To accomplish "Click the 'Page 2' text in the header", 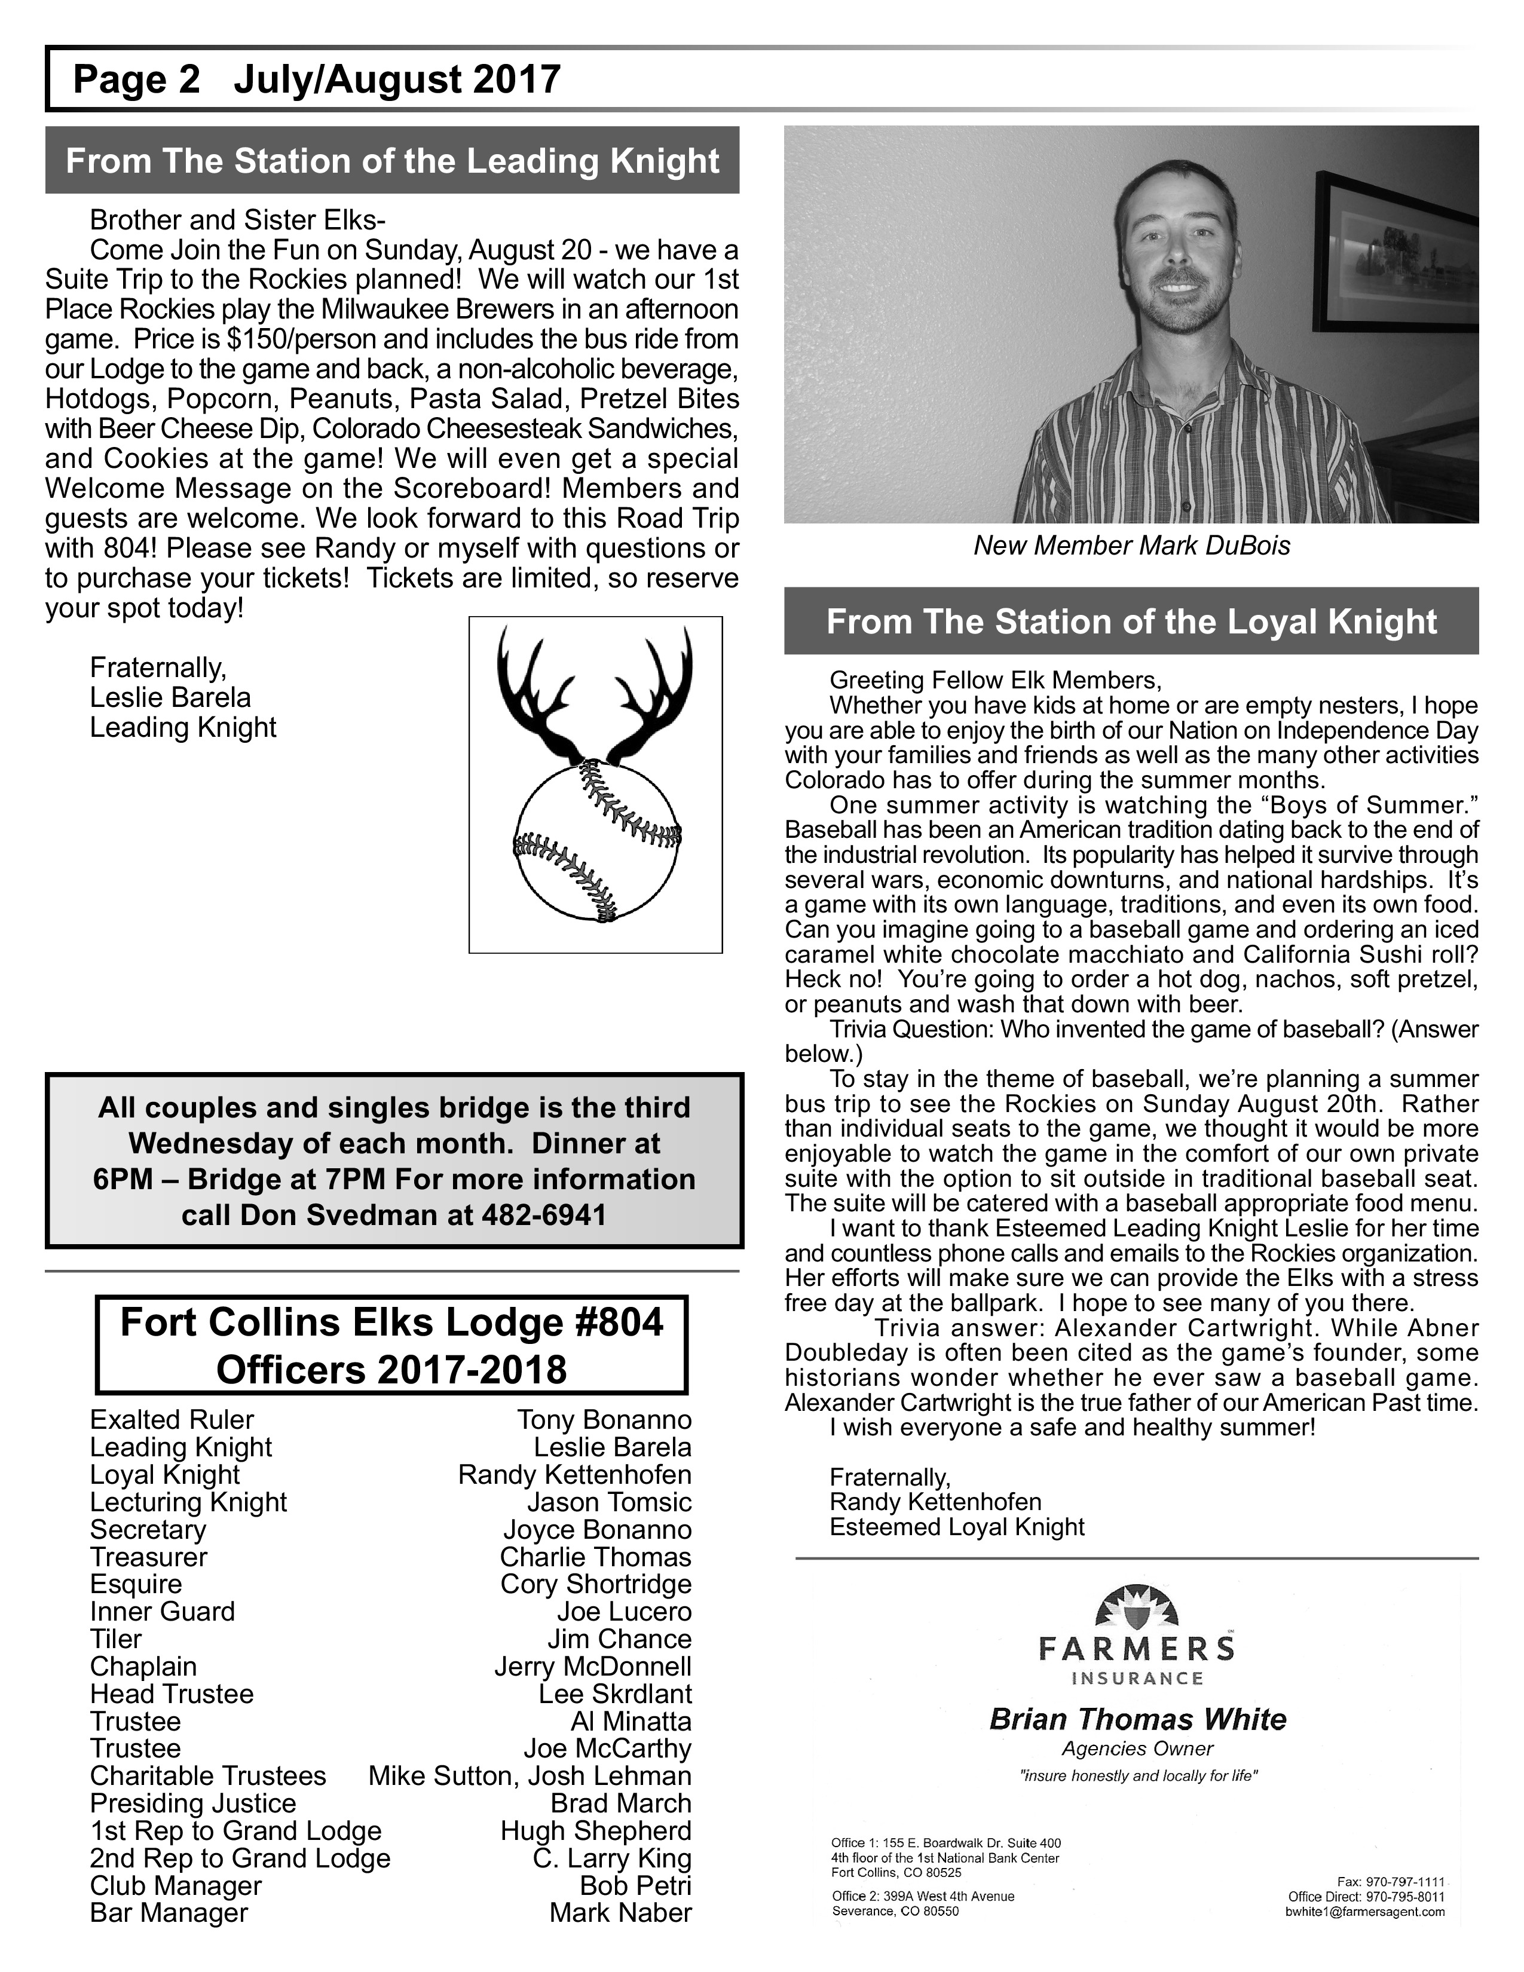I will tap(136, 79).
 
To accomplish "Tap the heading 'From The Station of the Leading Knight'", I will tap(392, 161).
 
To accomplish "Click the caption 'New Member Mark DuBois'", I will tap(1131, 546).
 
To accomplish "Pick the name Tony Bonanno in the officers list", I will tap(604, 1420).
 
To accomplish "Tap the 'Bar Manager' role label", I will tap(169, 1913).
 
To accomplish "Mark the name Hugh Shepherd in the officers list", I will tap(596, 1831).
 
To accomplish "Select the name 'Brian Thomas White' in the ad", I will tap(1137, 1719).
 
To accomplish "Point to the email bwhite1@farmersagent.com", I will tap(1365, 1912).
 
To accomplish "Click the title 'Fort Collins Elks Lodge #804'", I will tap(392, 1323).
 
